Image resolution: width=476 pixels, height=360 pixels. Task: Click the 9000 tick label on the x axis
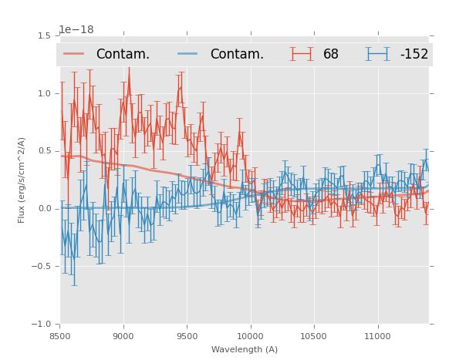tap(123, 336)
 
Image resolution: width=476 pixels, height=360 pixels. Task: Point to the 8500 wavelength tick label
tap(60, 336)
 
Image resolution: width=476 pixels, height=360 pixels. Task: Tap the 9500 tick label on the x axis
tap(187, 336)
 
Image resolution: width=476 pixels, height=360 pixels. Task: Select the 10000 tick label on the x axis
tap(251, 336)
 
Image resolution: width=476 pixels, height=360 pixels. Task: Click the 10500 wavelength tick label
tap(315, 336)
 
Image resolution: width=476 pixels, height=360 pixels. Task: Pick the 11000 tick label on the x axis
tap(378, 336)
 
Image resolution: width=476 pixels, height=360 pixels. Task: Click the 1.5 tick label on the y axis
tap(43, 36)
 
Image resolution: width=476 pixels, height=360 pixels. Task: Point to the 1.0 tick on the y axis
tap(43, 94)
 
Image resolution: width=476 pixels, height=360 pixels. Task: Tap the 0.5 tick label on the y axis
tap(43, 151)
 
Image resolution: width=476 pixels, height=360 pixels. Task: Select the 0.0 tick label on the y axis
tap(43, 209)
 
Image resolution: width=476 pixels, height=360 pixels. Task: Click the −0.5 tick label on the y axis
tap(41, 267)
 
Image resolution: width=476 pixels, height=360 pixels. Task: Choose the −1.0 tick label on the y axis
tap(41, 325)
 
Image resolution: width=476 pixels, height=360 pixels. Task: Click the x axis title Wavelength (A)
tap(245, 349)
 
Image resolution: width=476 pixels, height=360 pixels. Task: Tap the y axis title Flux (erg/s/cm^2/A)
tap(22, 180)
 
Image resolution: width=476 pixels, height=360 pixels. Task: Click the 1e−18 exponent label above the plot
tap(76, 29)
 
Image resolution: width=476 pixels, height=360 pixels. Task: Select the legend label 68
tap(331, 55)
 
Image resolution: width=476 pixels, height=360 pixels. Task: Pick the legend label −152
tap(414, 55)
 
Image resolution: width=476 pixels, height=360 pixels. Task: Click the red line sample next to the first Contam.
tap(74, 54)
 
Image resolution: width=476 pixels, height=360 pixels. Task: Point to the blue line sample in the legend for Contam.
tap(188, 54)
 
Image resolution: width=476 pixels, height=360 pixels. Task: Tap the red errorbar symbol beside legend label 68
tap(302, 54)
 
